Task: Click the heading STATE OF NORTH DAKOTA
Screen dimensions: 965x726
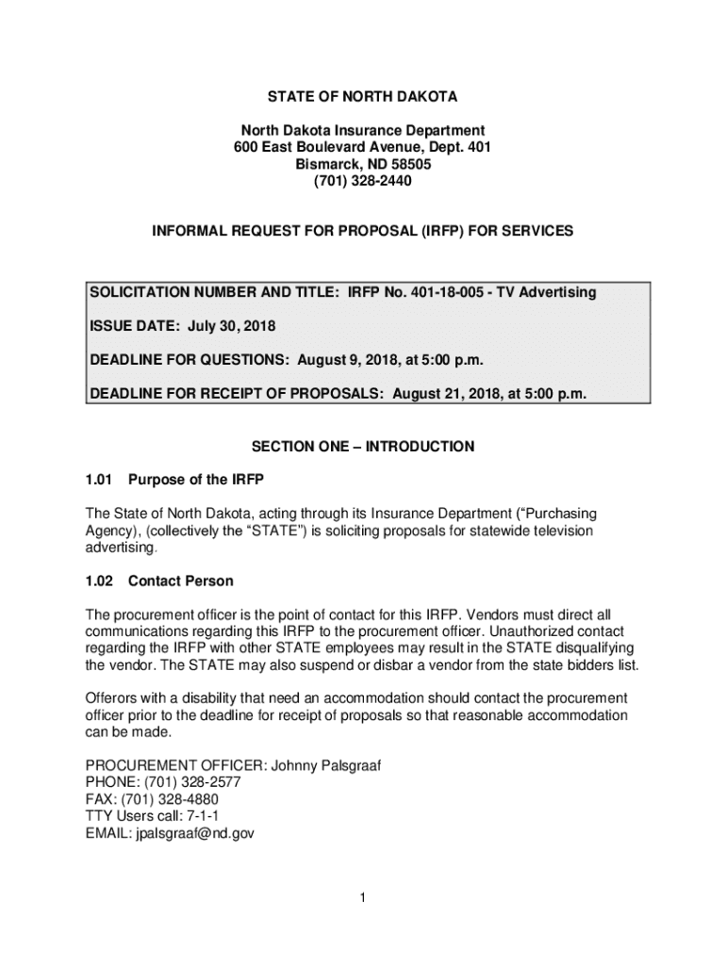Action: coord(362,97)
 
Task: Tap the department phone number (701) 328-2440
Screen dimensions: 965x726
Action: coord(362,181)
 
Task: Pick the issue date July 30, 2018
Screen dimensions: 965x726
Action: coord(230,326)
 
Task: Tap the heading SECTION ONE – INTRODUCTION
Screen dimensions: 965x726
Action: coord(362,446)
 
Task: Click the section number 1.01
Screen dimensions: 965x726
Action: coord(99,480)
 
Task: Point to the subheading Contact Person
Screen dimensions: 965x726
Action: coord(181,581)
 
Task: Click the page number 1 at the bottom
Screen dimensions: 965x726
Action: coord(362,898)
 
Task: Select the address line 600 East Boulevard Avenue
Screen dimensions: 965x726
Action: coord(330,148)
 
